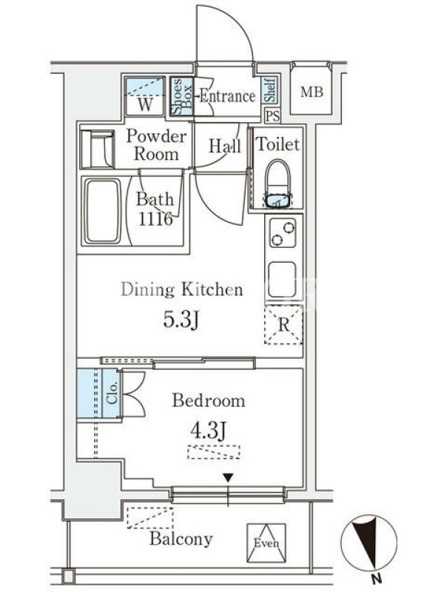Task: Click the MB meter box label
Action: pos(312,92)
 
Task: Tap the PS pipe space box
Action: pos(272,116)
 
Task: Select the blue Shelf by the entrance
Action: pos(270,90)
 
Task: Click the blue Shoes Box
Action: pos(181,96)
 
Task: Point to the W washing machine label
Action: pos(145,104)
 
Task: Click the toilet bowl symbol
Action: pos(278,184)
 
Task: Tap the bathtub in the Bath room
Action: pos(102,211)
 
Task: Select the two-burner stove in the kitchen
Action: pos(283,232)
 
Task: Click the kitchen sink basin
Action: pos(282,280)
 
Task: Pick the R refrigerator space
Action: pos(283,325)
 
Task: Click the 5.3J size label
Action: pos(181,320)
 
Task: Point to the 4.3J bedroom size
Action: pos(209,431)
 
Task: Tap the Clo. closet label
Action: pos(112,394)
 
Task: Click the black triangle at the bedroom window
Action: pos(228,478)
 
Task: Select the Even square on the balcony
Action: pos(266,542)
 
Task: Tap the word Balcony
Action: pos(181,539)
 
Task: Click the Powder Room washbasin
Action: pos(98,149)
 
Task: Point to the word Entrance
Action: pos(227,96)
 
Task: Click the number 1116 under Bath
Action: pos(155,219)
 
